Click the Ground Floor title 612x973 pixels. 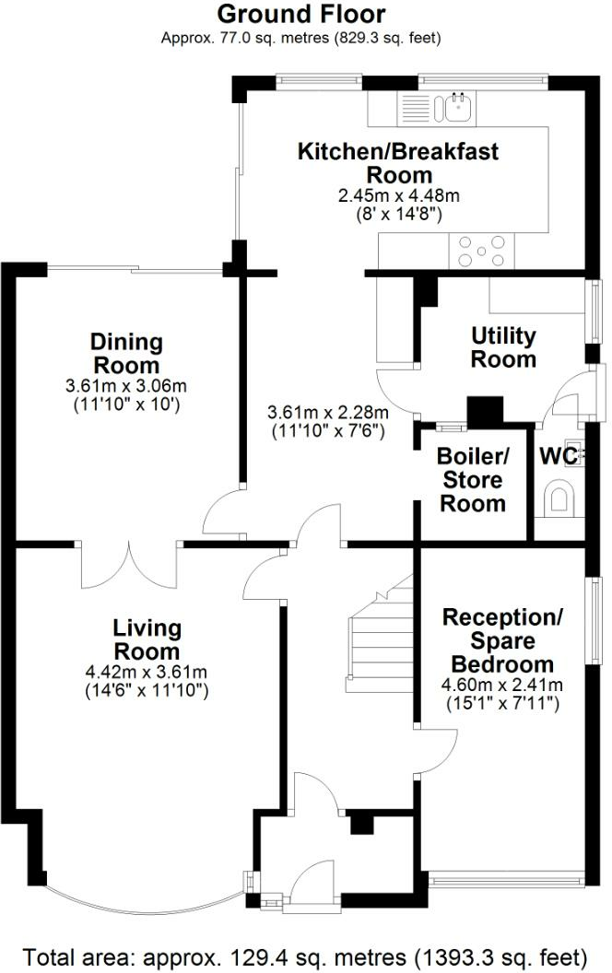coord(301,14)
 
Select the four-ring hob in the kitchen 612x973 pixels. coord(481,251)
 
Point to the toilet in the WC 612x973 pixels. coord(559,498)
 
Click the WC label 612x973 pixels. coord(558,456)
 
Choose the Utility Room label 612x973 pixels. coord(503,347)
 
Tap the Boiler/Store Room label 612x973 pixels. coord(473,480)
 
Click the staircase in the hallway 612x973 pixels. coord(380,639)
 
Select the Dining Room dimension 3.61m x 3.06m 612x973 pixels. coord(126,386)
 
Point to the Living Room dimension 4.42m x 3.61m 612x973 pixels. coord(147,672)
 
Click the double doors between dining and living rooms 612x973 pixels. coord(130,566)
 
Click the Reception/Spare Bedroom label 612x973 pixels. coord(502,641)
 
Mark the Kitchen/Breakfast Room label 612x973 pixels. coord(398,163)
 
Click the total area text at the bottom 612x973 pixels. coord(305,956)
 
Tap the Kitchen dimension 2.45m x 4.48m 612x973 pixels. coord(399,196)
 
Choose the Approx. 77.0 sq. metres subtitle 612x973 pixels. coord(301,38)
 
